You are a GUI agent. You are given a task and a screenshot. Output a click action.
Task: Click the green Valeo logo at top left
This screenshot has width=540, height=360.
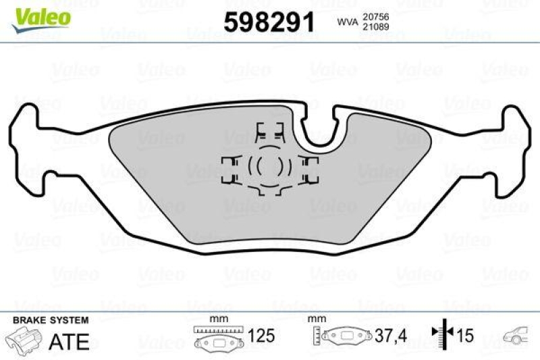pos(40,15)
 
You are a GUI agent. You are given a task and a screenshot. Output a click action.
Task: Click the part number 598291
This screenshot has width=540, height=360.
pos(269,23)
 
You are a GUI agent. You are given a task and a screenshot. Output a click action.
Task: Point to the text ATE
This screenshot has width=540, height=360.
pos(70,341)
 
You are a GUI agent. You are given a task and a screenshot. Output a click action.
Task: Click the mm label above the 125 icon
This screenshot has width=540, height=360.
pos(217,319)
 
